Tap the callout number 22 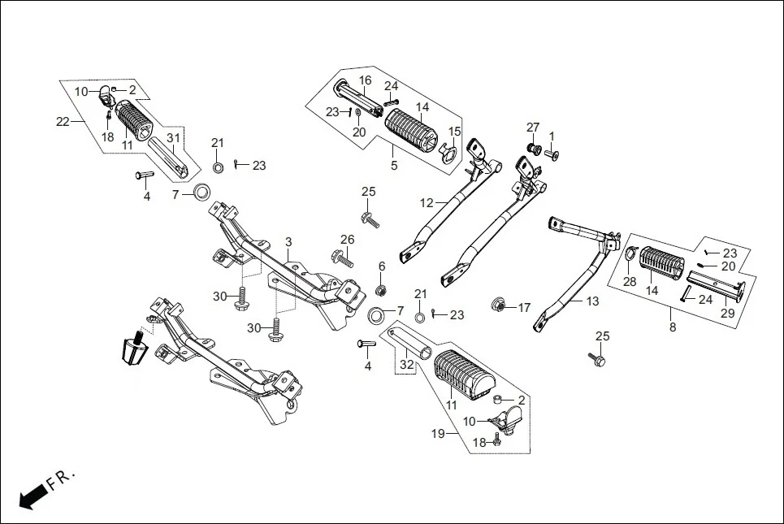tap(63, 123)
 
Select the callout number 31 tap(172, 138)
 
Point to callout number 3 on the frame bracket tap(288, 243)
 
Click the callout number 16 tap(366, 80)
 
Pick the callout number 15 tap(454, 132)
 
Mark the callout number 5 tap(394, 166)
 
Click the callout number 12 tap(427, 203)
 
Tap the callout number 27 tap(532, 128)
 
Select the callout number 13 tap(592, 301)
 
